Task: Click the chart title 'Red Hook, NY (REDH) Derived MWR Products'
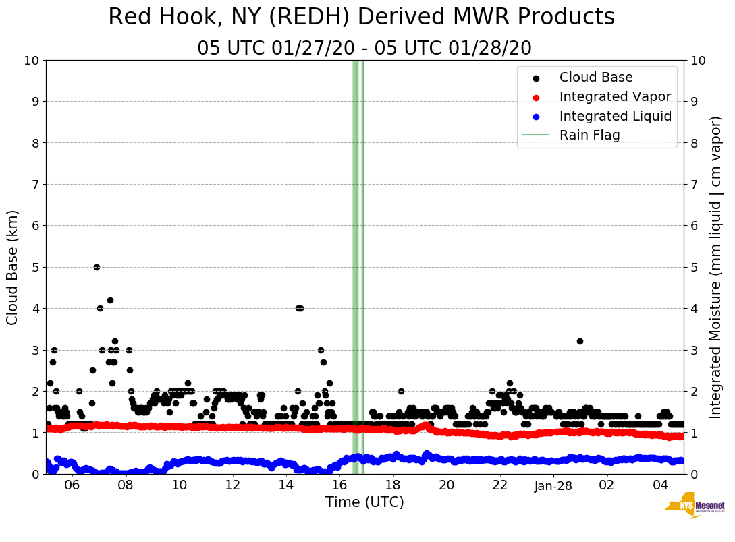361,18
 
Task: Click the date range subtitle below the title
364,49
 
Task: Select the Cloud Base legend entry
596,78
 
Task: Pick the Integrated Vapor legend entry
615,96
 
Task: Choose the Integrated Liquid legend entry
615,116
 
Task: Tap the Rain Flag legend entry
589,135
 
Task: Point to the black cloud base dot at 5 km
97,267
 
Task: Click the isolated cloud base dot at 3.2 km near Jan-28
580,341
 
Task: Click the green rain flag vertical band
358,270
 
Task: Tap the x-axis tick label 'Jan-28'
553,485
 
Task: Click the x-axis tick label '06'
72,485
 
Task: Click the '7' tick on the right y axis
693,184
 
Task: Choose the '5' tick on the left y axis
35,267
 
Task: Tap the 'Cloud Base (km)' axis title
13,267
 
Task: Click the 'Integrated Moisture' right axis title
716,267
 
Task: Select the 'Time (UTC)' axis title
364,502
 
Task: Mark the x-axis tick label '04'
661,485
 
